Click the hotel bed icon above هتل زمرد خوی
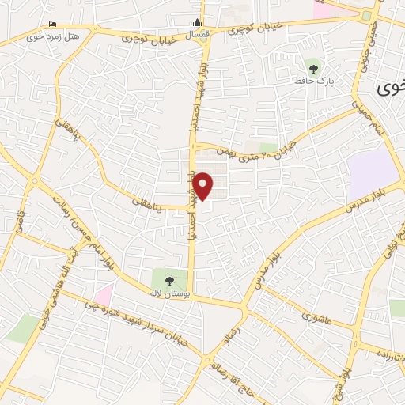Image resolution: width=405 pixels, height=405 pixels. pyautogui.click(x=52, y=25)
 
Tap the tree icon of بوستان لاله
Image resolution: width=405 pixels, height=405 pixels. pyautogui.click(x=168, y=279)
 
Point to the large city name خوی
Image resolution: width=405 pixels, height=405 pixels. pyautogui.click(x=388, y=86)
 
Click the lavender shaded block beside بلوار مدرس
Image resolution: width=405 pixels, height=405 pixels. pyautogui.click(x=373, y=168)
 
